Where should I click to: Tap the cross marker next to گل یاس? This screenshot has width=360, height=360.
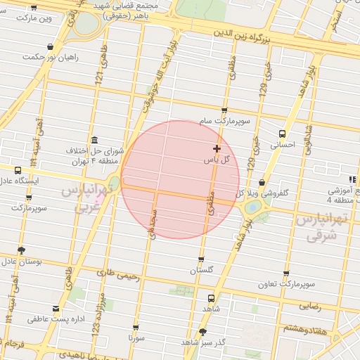[217, 148]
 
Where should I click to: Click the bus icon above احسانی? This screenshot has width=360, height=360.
[282, 134]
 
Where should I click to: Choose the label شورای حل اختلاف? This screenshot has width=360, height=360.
[94, 156]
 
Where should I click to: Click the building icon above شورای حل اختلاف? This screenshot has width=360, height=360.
[94, 140]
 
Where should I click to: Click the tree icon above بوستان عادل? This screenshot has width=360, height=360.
[22, 250]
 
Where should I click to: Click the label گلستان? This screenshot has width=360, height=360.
[202, 270]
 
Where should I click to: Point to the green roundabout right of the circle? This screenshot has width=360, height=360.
[252, 207]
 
